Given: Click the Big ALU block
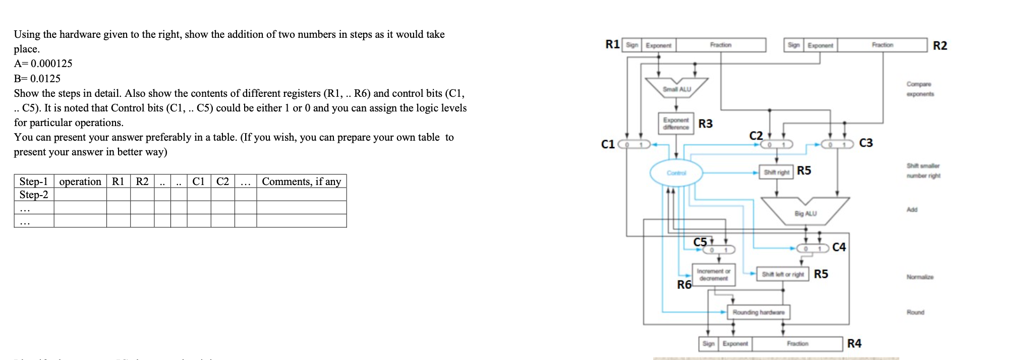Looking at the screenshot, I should (x=805, y=213).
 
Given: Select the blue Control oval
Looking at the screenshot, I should (x=676, y=173).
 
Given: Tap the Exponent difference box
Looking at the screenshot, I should (x=676, y=124).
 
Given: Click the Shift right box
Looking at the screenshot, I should (x=776, y=172).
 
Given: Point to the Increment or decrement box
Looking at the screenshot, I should (x=713, y=275).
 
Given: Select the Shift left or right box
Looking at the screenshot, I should (x=782, y=274).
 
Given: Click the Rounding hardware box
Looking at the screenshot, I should (x=758, y=312).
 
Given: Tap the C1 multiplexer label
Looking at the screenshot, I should (x=608, y=144).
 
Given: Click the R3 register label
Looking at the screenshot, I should (x=705, y=124).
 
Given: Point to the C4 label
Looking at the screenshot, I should (x=839, y=247).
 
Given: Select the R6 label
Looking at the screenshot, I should (x=684, y=285).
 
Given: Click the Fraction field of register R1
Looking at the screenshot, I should (x=721, y=45).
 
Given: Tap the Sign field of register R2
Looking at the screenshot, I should (x=793, y=45).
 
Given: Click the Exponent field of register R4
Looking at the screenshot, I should (x=735, y=343).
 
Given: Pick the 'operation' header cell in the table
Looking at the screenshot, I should (x=80, y=182).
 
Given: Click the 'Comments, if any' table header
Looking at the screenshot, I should (x=301, y=182).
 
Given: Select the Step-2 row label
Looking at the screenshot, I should (x=34, y=195).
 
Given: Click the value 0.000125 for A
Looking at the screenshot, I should (x=51, y=64).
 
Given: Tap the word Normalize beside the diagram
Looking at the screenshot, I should (x=920, y=277).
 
